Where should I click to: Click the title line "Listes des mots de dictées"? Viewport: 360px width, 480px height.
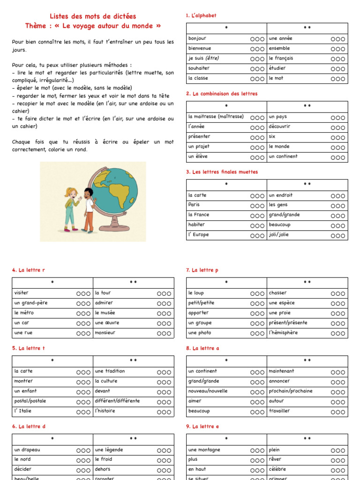pos(93,16)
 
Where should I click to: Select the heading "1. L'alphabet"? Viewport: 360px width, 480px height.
pos(201,15)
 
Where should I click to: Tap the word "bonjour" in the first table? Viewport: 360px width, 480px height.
pos(197,38)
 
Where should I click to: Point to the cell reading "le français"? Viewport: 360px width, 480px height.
pos(281,58)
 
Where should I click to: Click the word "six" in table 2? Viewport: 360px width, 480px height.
pos(272,136)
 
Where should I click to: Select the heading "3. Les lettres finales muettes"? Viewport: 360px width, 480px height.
pos(222,172)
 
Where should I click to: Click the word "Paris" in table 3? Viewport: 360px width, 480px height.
pos(194,205)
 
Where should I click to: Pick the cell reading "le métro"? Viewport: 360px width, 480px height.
pos(24,313)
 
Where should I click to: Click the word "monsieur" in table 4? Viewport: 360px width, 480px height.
pos(105,333)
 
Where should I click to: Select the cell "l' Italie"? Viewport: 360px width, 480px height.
pos(23,411)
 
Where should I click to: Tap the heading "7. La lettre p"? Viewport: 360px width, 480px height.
pos(202,270)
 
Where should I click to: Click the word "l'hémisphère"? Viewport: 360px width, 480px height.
pos(283,333)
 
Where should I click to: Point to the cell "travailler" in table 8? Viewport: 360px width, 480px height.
pos(279,411)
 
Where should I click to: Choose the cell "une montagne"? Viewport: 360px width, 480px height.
pos(204,450)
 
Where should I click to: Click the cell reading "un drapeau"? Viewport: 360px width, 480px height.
pos(27,450)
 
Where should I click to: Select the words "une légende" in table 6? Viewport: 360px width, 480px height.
pos(109,450)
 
